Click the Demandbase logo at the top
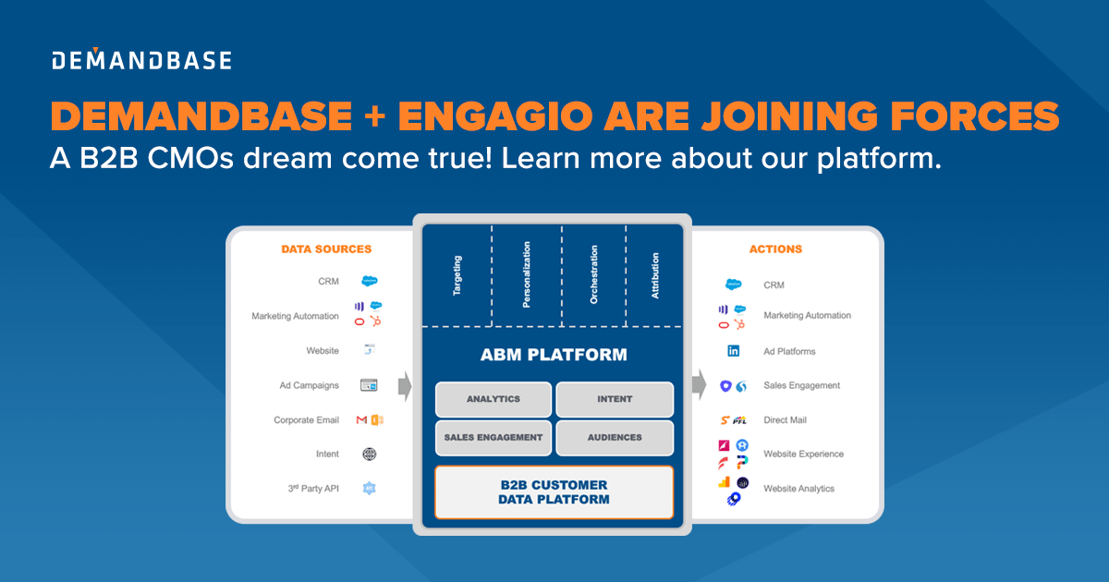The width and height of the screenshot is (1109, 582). (141, 61)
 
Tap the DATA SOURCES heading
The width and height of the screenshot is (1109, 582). (326, 249)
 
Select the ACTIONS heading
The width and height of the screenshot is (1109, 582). (776, 249)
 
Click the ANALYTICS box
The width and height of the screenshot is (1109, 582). (494, 399)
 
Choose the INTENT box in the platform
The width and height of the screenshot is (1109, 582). (615, 399)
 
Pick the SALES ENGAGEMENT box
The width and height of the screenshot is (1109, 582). (494, 438)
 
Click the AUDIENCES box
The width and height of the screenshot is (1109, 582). (615, 438)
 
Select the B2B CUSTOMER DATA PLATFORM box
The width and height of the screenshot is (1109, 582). (554, 492)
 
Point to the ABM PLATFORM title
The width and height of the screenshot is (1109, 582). (554, 355)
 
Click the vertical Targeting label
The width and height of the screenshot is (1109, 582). (457, 275)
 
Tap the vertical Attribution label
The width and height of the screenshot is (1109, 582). (655, 275)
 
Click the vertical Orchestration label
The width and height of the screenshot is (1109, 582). (593, 274)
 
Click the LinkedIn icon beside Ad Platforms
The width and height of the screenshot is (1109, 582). (734, 351)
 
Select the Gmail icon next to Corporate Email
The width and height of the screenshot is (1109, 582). (361, 420)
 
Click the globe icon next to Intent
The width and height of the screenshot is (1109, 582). (370, 455)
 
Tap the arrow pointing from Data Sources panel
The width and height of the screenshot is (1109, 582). (405, 386)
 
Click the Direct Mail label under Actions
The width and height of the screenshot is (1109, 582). (785, 420)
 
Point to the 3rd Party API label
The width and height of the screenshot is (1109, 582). (313, 489)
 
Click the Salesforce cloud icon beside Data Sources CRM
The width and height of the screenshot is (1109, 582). (370, 281)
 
